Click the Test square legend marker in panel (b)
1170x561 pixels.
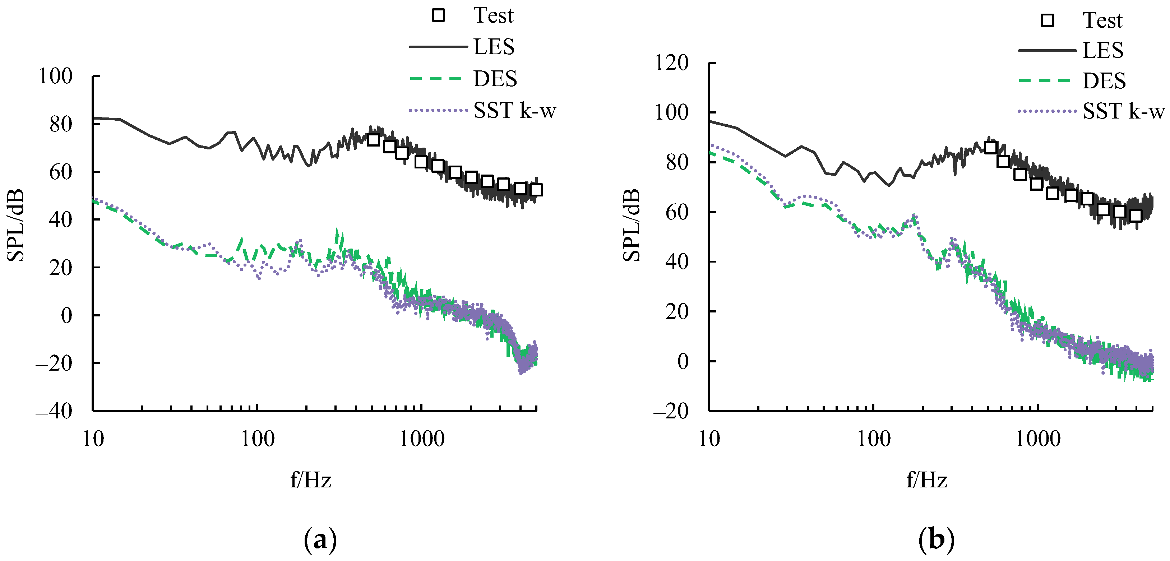pos(1048,20)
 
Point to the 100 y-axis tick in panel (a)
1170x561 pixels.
pos(55,76)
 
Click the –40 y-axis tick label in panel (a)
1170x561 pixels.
pos(54,411)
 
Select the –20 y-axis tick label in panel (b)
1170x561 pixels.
pos(670,411)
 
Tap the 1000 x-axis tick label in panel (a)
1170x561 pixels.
pos(421,439)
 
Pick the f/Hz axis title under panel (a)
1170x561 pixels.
pos(311,480)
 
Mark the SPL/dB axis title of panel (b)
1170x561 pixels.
pos(631,225)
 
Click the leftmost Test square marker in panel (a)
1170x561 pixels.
pos(373,139)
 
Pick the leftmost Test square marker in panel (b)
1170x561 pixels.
pos(991,148)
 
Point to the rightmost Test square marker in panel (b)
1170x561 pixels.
pos(1136,216)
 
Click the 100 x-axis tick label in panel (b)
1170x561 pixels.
pos(873,439)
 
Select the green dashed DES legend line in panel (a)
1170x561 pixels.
pos(436,79)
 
